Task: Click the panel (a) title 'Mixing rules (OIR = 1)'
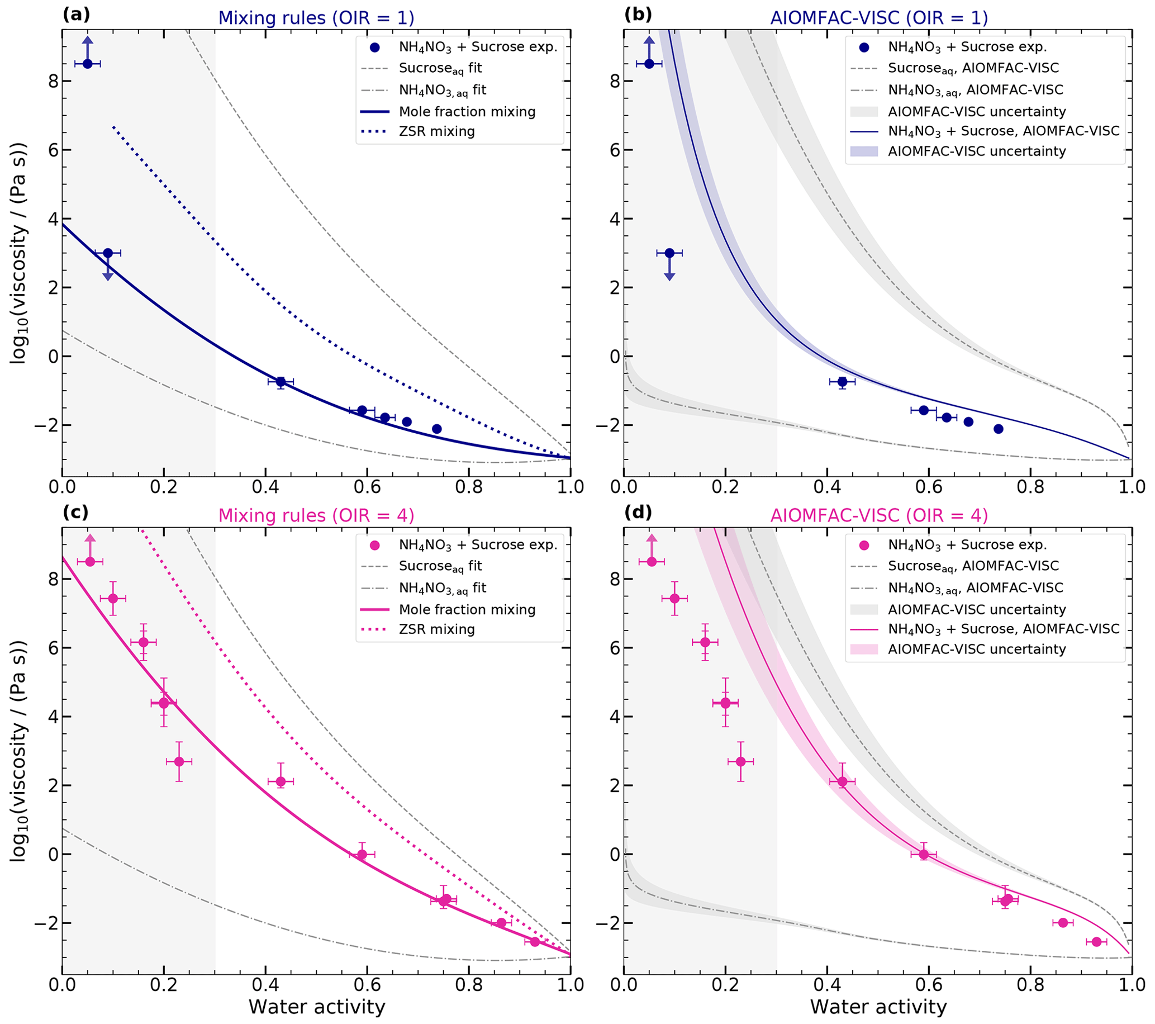(x=316, y=18)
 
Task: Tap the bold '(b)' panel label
(x=638, y=15)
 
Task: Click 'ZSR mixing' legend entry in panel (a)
(x=436, y=132)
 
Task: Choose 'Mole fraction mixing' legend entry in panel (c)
(x=467, y=610)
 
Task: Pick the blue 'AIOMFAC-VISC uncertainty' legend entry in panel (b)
(x=976, y=151)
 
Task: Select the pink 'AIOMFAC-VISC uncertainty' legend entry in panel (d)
(x=976, y=650)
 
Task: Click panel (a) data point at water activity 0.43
(x=281, y=382)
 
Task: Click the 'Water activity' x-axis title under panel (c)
(x=316, y=1007)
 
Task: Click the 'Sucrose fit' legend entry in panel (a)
(x=440, y=68)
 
